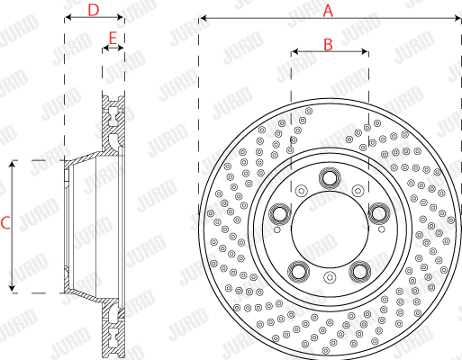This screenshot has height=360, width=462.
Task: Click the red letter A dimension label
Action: [x=328, y=11]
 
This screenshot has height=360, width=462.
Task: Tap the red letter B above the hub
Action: [x=328, y=45]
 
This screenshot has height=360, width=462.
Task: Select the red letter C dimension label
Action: [x=5, y=223]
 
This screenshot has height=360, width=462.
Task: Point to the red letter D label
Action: [x=94, y=10]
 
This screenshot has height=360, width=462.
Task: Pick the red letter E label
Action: [x=113, y=39]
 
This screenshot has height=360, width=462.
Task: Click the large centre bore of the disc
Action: [x=330, y=229]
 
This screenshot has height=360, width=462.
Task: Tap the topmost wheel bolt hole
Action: [x=330, y=178]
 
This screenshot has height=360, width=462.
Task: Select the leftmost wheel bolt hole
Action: [x=280, y=213]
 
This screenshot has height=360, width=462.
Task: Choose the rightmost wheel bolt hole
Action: [x=379, y=213]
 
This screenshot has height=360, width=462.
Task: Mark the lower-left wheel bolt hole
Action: [x=299, y=272]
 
